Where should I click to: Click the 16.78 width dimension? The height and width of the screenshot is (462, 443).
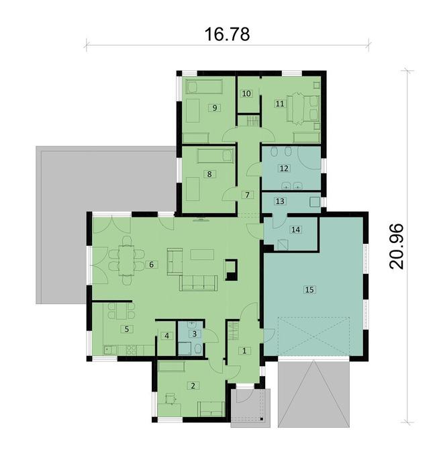click(x=227, y=34)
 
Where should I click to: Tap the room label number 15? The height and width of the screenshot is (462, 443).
click(x=309, y=289)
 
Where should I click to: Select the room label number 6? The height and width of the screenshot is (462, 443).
click(x=152, y=265)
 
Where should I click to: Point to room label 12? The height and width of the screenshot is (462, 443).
click(x=284, y=169)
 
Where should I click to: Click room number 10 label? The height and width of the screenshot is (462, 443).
click(x=246, y=93)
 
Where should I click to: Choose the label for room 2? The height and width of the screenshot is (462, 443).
click(x=193, y=385)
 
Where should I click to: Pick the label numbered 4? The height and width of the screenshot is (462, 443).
click(x=166, y=336)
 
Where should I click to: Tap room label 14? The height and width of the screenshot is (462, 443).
click(x=296, y=229)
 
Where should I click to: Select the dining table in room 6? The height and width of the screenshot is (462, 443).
click(x=126, y=260)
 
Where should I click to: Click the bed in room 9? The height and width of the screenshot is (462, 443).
click(x=203, y=87)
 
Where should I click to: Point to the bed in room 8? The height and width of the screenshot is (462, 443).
click(x=215, y=156)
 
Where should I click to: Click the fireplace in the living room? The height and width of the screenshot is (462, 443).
click(x=232, y=269)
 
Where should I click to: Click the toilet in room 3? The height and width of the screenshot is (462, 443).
click(x=198, y=349)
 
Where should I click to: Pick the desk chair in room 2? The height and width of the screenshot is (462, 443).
click(x=170, y=398)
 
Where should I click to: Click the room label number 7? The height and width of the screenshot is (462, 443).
click(x=247, y=195)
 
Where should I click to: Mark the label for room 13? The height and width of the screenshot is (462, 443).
click(x=280, y=201)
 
